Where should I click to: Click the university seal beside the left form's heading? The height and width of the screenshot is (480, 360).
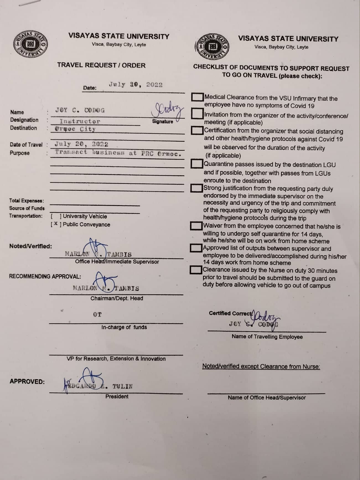tap(30, 44)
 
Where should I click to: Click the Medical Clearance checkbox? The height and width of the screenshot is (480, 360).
tap(197, 97)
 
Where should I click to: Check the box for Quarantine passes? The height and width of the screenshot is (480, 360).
tap(196, 164)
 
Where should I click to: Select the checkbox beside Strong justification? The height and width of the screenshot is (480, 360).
tap(196, 188)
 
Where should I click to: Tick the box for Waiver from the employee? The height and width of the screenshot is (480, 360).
tap(196, 226)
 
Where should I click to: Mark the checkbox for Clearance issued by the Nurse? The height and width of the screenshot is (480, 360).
tap(196, 270)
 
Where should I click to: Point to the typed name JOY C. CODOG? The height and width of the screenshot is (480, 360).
tap(80, 110)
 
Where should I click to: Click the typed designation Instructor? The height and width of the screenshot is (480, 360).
tap(80, 121)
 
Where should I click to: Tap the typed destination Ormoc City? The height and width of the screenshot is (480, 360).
tap(75, 129)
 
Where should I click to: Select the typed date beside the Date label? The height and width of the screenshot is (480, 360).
tap(136, 85)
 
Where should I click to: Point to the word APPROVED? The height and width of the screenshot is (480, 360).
tap(27, 381)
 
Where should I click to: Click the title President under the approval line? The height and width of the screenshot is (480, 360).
tap(117, 396)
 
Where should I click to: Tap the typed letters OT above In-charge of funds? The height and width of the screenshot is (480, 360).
tap(97, 314)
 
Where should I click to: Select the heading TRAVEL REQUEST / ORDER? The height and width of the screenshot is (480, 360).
tap(101, 65)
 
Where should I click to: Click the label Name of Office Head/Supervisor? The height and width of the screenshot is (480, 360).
tap(267, 398)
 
